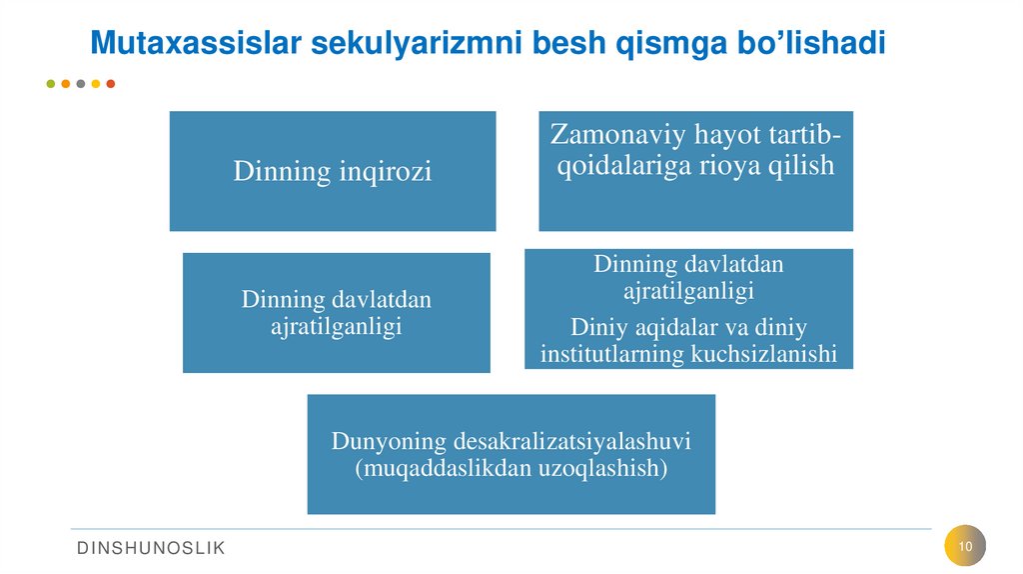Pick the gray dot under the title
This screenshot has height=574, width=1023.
(80, 84)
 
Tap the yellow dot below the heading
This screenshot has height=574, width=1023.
(95, 84)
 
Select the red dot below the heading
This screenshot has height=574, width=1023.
(110, 84)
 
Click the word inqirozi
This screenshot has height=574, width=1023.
(385, 172)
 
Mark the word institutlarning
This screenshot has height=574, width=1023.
(612, 353)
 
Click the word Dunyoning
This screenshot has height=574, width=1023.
(389, 441)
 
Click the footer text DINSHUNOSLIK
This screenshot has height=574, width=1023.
(152, 547)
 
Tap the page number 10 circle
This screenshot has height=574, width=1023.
(965, 546)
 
